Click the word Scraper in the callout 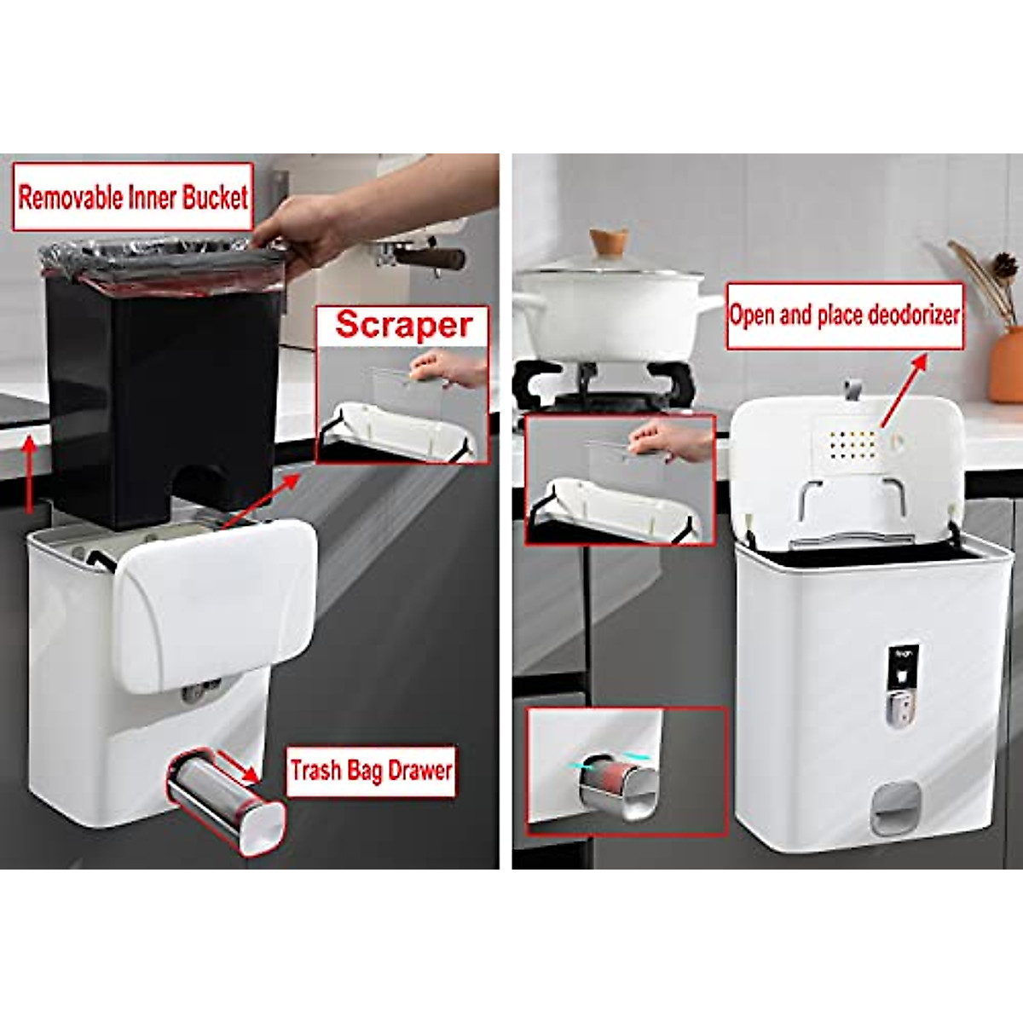pos(404,326)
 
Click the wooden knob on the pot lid pos(609,241)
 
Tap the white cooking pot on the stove pos(610,307)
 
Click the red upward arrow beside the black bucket pos(32,473)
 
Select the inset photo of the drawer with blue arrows pos(627,772)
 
